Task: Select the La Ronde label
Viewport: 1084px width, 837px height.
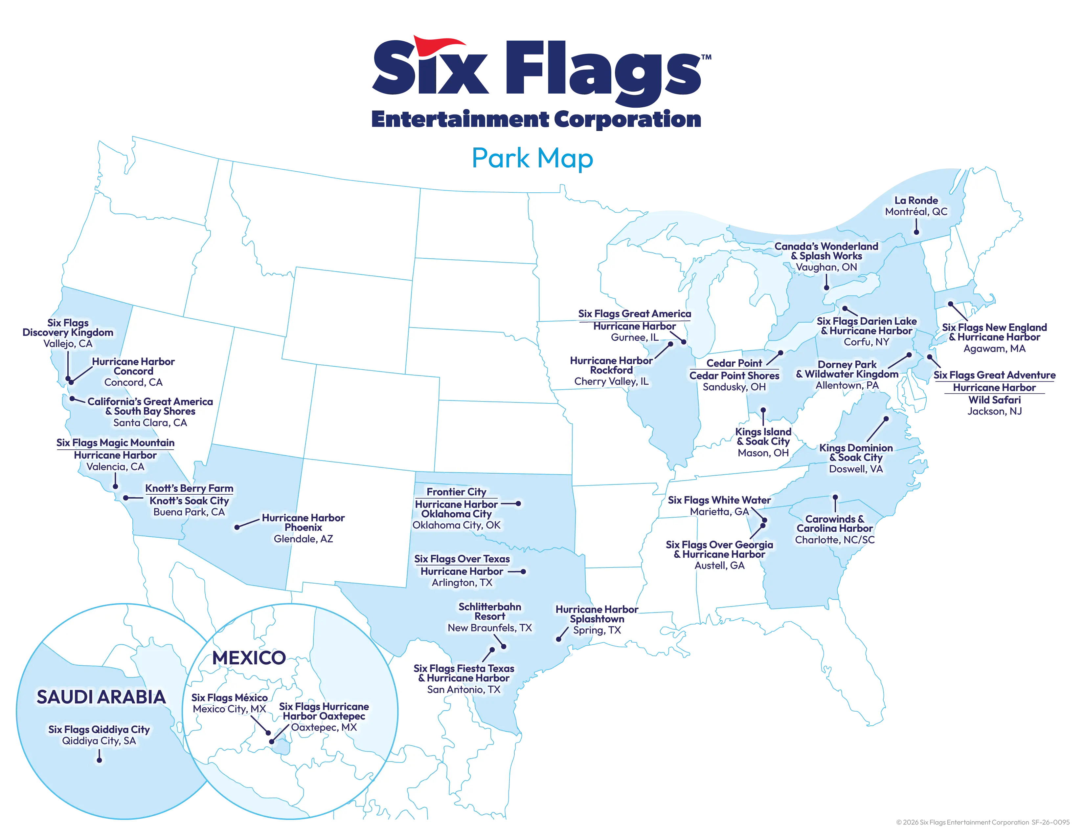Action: tap(916, 200)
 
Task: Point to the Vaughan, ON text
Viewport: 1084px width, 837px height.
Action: tap(826, 267)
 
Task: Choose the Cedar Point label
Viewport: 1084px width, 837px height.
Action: tap(734, 363)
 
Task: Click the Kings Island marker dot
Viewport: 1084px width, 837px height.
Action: tap(763, 410)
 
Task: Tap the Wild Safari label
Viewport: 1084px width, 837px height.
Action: tap(995, 400)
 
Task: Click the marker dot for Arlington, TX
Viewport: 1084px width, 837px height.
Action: tap(524, 571)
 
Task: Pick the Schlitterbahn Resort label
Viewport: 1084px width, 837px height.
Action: tap(489, 612)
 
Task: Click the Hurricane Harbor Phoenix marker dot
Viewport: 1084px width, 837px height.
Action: tap(237, 527)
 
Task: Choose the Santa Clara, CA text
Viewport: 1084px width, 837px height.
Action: tap(150, 422)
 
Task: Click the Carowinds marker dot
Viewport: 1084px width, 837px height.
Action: tap(835, 497)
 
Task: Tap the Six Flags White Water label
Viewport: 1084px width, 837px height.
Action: tap(719, 500)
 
